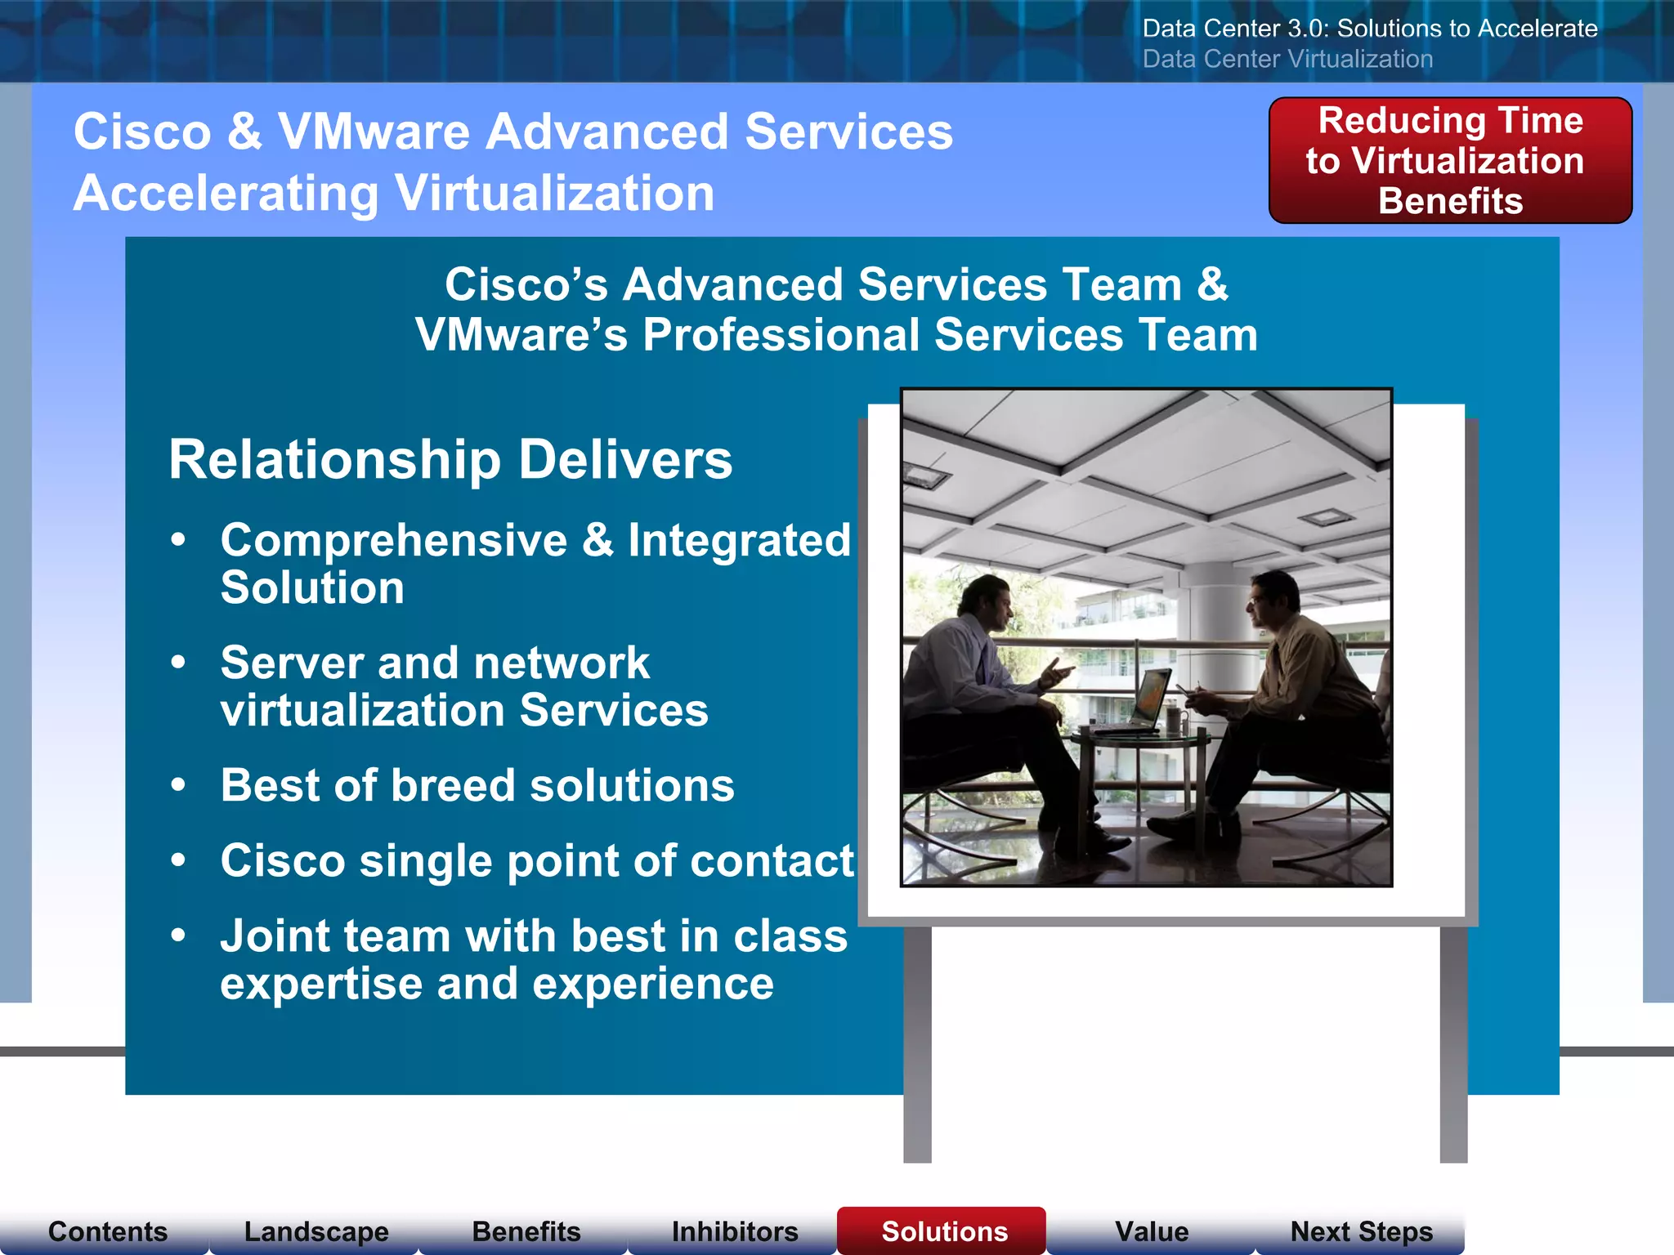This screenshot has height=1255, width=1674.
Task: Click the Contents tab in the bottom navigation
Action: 107,1231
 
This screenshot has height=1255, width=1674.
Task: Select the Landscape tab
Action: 316,1231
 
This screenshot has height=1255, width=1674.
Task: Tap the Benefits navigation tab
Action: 526,1231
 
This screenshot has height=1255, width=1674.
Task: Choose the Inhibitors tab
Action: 735,1231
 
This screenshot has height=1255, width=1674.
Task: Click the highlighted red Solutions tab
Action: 944,1231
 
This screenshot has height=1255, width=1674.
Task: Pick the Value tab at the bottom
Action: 1152,1231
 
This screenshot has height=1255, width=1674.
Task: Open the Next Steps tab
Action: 1361,1231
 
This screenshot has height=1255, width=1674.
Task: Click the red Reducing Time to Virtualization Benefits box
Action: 1450,160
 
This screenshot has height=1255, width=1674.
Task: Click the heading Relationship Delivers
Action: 450,459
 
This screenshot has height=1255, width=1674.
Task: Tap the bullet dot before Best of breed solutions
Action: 179,785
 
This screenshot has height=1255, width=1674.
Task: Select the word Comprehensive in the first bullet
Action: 393,540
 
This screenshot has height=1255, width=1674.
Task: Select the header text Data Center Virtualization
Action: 1287,59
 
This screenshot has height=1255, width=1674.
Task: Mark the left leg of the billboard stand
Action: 917,1046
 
